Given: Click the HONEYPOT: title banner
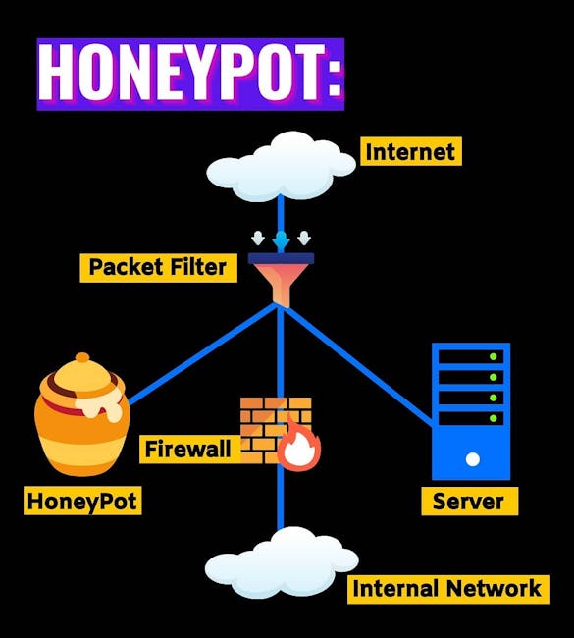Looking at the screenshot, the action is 190,74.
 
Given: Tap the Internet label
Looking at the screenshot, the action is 411,151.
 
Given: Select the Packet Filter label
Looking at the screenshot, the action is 158,267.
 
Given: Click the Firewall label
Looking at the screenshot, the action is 189,450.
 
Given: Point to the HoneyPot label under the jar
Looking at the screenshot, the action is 82,501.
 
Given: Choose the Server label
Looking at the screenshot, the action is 469,501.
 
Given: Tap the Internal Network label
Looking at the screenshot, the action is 448,589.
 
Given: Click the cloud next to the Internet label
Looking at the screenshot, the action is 281,167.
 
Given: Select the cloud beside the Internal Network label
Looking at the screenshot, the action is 282,562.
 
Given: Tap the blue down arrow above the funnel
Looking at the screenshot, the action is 281,240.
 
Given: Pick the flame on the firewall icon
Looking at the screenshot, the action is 299,446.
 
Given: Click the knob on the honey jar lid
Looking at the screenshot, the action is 82,357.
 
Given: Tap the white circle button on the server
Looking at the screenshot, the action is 472,459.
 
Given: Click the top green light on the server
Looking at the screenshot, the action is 493,357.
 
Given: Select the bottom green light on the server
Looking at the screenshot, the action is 493,418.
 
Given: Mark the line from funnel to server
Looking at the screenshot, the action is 358,365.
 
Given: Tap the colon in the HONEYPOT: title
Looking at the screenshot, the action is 335,74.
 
